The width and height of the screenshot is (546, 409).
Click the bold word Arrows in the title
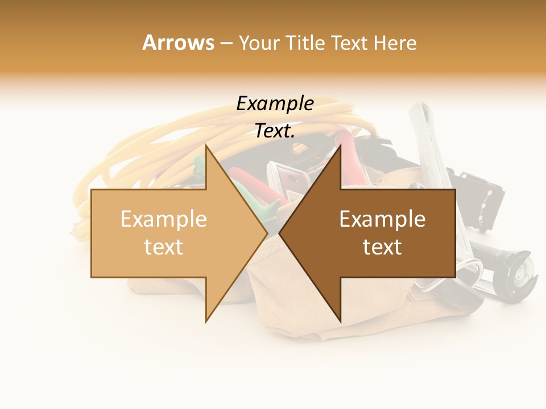coord(178,43)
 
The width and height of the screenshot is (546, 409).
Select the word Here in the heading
coord(395,43)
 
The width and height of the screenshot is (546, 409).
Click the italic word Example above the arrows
coord(275,104)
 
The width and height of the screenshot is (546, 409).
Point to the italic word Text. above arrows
coord(275,131)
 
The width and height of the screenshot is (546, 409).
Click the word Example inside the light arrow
coord(163,219)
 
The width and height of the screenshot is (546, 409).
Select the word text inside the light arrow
coord(163,247)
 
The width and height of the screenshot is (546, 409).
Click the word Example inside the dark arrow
coord(382,219)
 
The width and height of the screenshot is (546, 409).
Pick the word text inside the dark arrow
coord(382,247)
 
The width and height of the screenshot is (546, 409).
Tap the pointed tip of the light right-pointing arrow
coord(267,233)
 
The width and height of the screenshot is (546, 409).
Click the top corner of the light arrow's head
coord(206,145)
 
